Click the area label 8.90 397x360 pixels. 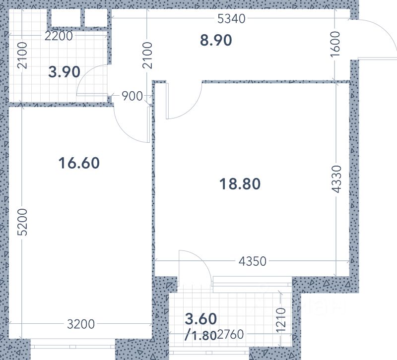(216, 40)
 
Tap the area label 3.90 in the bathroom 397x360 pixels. (65, 72)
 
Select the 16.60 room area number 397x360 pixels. (79, 163)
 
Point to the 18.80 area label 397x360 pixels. (240, 184)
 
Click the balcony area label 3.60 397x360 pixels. (201, 319)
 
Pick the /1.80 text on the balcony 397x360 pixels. (200, 336)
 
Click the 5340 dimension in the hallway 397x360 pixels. (231, 19)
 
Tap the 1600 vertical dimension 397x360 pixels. (335, 44)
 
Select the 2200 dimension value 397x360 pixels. (59, 36)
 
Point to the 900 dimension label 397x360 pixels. (132, 96)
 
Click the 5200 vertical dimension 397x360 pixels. (22, 222)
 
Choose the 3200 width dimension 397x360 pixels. (81, 324)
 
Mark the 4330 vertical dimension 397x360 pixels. (336, 179)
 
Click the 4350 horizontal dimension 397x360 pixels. (253, 261)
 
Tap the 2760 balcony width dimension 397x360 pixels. (230, 334)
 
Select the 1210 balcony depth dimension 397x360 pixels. (281, 320)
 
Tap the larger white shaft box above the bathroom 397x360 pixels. (66, 18)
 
